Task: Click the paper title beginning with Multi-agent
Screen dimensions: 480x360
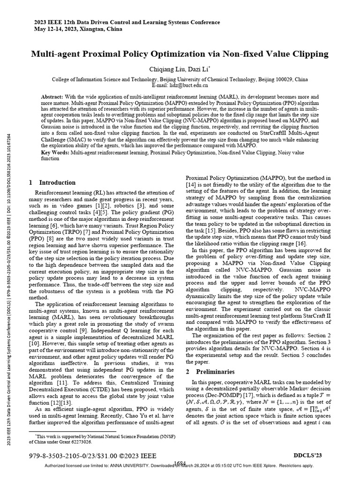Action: (180, 54)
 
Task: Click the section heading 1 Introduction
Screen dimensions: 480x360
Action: (52, 182)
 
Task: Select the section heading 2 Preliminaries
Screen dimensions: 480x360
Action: (209, 372)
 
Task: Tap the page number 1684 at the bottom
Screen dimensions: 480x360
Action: (180, 463)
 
